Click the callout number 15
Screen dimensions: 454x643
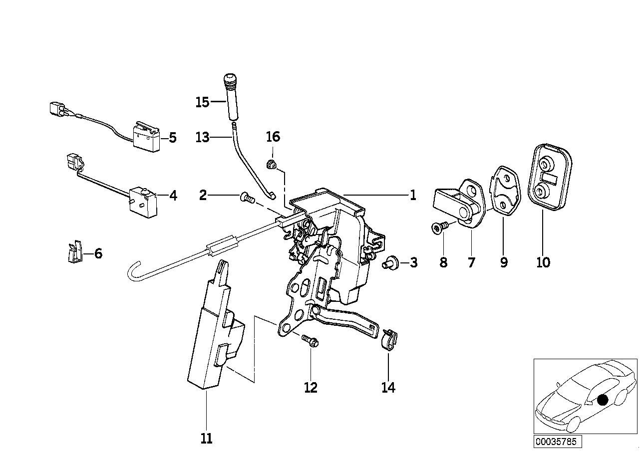click(202, 102)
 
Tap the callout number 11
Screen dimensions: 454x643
click(206, 439)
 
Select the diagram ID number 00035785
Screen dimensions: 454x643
click(556, 441)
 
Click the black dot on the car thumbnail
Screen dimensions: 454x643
click(603, 399)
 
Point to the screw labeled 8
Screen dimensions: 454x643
click(438, 228)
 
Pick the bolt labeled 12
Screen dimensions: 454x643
click(310, 341)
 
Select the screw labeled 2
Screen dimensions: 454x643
click(247, 198)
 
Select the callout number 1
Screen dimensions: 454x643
click(412, 196)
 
